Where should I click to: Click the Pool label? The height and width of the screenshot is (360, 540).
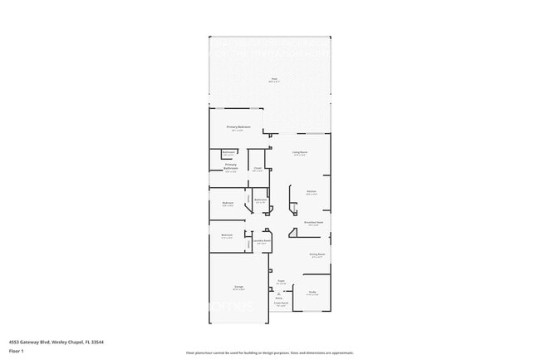(x=273, y=79)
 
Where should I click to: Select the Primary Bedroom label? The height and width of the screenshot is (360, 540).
(x=238, y=126)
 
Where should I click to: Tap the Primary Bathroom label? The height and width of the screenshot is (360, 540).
(x=231, y=166)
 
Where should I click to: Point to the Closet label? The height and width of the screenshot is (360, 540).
(x=258, y=169)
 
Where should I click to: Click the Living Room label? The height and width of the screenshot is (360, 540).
(x=300, y=152)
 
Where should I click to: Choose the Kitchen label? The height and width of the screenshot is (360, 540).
(x=312, y=192)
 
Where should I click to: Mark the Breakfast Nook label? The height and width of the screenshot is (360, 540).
(x=313, y=223)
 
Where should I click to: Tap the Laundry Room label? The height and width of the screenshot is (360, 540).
(x=263, y=241)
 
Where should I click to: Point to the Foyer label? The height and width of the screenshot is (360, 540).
(x=281, y=281)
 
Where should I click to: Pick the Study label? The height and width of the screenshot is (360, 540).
(x=312, y=292)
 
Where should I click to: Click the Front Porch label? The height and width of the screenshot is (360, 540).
(x=281, y=304)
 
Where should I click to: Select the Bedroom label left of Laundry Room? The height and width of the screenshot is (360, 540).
(x=227, y=235)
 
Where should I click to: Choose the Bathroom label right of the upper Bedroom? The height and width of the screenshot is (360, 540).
(x=260, y=200)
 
